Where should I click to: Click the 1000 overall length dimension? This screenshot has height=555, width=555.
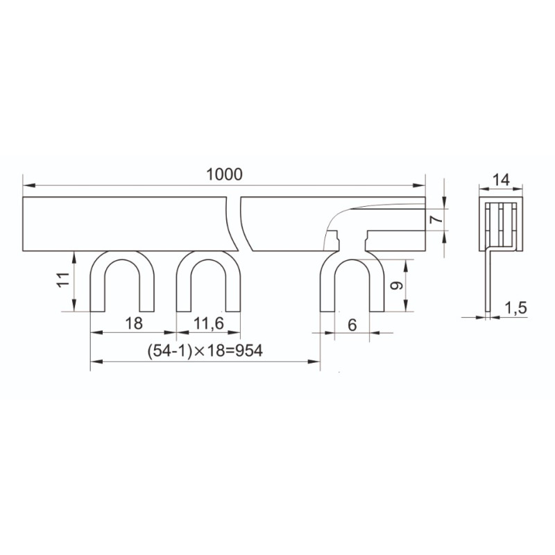pyautogui.click(x=224, y=175)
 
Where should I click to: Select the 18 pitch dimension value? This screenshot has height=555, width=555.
pyautogui.click(x=134, y=323)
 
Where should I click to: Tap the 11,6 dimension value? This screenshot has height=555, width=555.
pyautogui.click(x=209, y=323)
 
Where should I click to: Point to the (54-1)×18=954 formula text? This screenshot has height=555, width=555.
pyautogui.click(x=205, y=351)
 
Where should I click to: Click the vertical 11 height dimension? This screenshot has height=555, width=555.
pyautogui.click(x=64, y=280)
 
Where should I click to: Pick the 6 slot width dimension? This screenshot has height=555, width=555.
pyautogui.click(x=352, y=325)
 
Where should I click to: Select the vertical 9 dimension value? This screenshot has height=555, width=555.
pyautogui.click(x=396, y=285)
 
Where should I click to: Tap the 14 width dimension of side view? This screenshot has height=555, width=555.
pyautogui.click(x=501, y=180)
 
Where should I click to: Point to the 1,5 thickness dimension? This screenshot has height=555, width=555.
pyautogui.click(x=515, y=308)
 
